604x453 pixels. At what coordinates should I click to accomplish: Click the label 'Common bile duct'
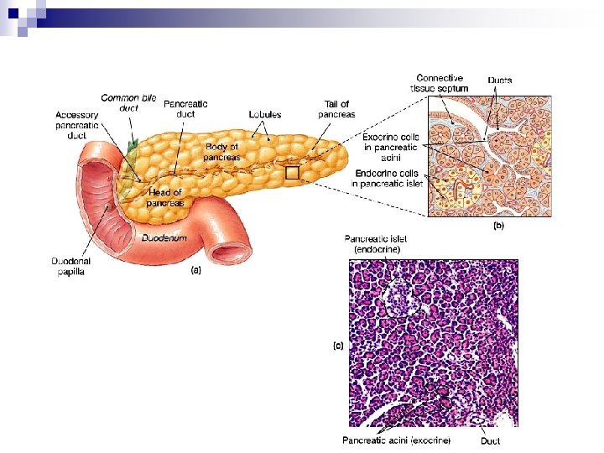coord(128,103)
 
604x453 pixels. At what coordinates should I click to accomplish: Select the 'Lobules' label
coord(264,114)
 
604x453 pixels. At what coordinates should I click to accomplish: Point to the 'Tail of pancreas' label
coord(338,109)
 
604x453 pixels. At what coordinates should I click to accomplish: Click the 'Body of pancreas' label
coord(222,152)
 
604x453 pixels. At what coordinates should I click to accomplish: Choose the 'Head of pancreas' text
coord(164,197)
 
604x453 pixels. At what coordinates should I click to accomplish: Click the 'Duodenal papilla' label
coord(73,265)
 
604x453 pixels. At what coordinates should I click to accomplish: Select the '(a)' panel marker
coord(196,269)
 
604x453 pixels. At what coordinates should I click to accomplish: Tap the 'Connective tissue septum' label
coord(439,83)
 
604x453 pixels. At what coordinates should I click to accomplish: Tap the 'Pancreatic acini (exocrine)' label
coord(396,440)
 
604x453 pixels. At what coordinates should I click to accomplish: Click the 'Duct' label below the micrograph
coord(490,440)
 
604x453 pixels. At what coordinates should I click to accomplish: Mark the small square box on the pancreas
coord(292,173)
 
